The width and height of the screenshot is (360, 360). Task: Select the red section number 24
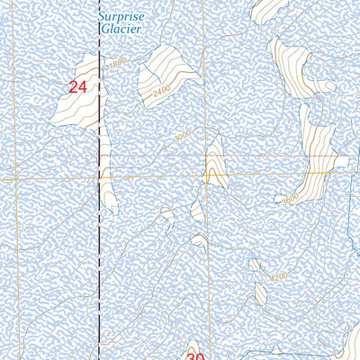(x=78, y=87)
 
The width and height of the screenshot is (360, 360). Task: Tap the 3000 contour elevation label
(x=184, y=136)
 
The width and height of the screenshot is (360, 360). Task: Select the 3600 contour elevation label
(x=290, y=200)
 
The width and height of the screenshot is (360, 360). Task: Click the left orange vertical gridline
(x=13, y=180)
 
